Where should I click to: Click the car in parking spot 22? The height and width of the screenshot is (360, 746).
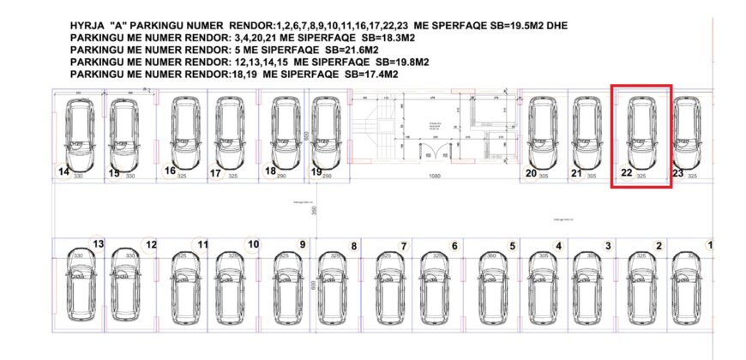tap(641, 132)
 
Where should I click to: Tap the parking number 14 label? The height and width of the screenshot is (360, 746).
tap(63, 171)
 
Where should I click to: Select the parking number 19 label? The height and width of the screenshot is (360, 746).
tap(316, 171)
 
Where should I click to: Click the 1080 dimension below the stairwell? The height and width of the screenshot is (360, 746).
tap(435, 175)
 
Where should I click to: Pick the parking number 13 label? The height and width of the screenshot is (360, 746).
tap(98, 244)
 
